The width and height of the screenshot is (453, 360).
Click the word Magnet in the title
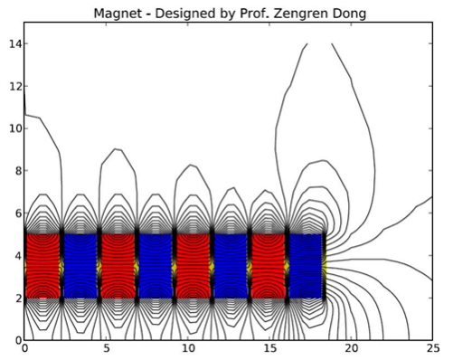137,10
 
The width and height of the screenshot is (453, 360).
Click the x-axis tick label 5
106,350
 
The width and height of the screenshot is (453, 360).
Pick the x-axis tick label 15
269,350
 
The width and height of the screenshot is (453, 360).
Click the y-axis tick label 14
12,43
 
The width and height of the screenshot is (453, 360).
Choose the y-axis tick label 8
14,170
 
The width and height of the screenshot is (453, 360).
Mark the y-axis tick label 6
14,213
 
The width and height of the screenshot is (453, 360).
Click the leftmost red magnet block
42,266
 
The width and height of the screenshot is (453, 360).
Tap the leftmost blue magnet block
80,266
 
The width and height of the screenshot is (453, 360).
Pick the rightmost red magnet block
269,266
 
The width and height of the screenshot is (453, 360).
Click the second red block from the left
118,266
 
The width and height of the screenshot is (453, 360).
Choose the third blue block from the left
231,266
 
